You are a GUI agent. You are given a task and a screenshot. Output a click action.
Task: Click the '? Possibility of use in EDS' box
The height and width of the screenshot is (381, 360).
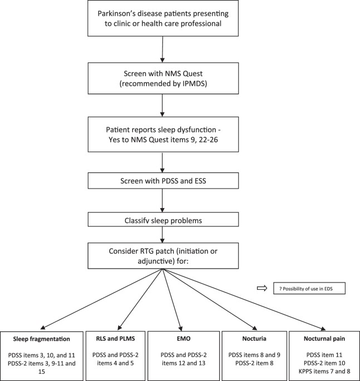pyautogui.click(x=309, y=288)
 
